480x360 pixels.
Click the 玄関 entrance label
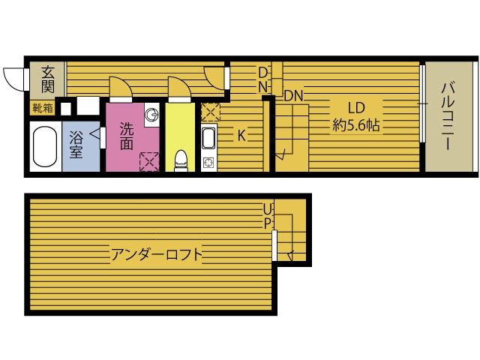[48, 79]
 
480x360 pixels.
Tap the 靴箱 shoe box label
[43, 108]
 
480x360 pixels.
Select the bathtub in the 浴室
[45, 147]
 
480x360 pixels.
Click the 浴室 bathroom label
[76, 145]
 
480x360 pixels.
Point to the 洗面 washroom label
[127, 136]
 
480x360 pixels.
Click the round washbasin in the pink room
[151, 115]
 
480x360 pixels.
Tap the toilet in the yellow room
[181, 160]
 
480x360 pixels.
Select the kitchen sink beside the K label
[209, 138]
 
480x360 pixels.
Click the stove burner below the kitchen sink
[209, 162]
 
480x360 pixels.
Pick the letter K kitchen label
[241, 135]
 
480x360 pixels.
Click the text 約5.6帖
[356, 125]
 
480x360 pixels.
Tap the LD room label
[357, 108]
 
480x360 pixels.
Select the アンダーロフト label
[157, 255]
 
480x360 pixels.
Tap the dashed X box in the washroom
[149, 162]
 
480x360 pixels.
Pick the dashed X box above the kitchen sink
[211, 112]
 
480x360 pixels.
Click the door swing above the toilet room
[179, 88]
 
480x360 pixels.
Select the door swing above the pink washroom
[121, 88]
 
